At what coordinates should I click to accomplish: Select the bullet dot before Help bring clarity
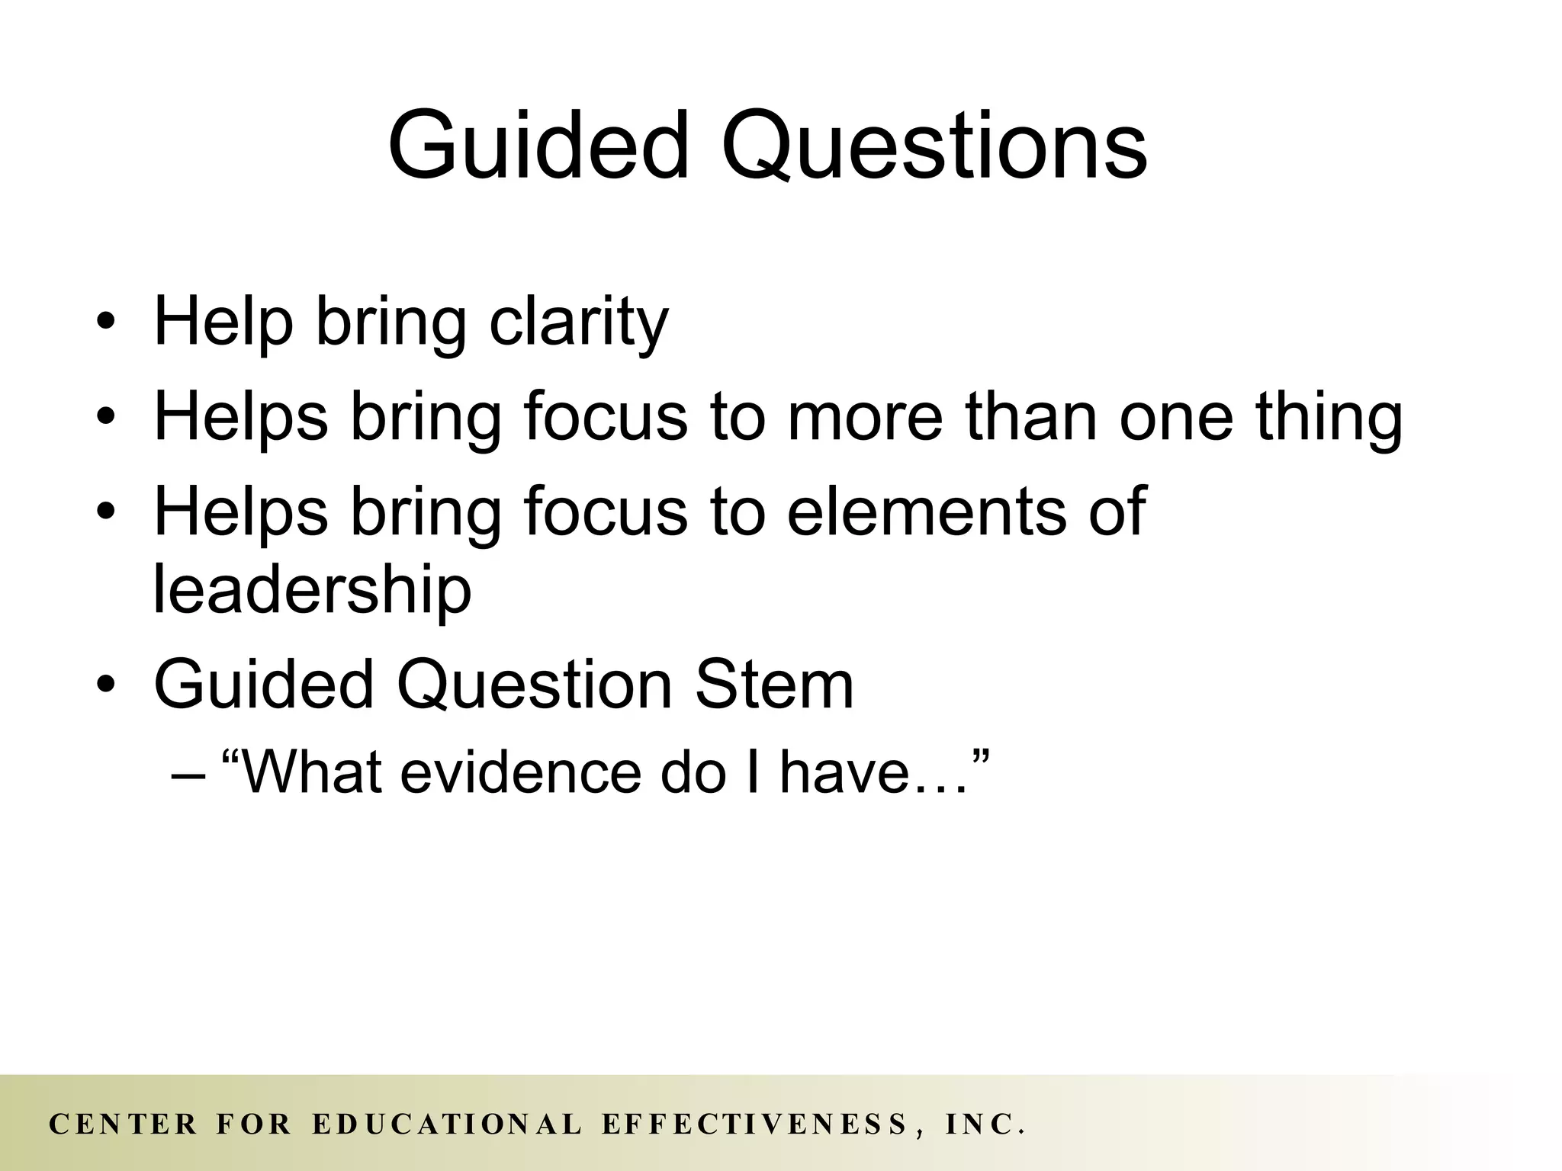click(x=106, y=322)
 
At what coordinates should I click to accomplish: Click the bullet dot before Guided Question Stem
click(x=106, y=684)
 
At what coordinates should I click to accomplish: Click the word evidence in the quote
click(x=521, y=772)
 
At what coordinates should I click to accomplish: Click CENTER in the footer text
click(x=124, y=1124)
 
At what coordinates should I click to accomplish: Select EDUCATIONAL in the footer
click(x=448, y=1124)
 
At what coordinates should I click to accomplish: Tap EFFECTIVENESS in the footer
click(x=754, y=1124)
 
